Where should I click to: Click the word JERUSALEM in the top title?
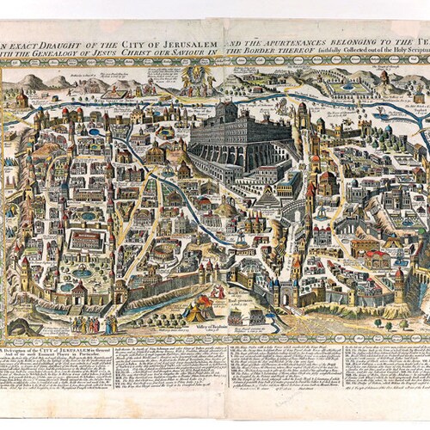[x=175, y=45]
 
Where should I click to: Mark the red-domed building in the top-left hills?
[x=21, y=97]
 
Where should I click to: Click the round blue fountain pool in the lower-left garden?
[x=82, y=273]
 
